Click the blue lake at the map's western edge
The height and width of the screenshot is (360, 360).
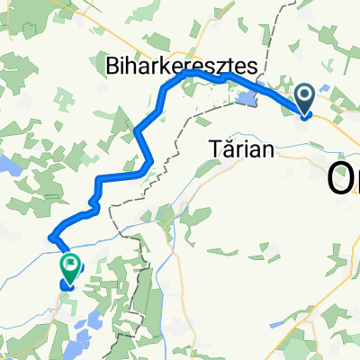click(x=11, y=164)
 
